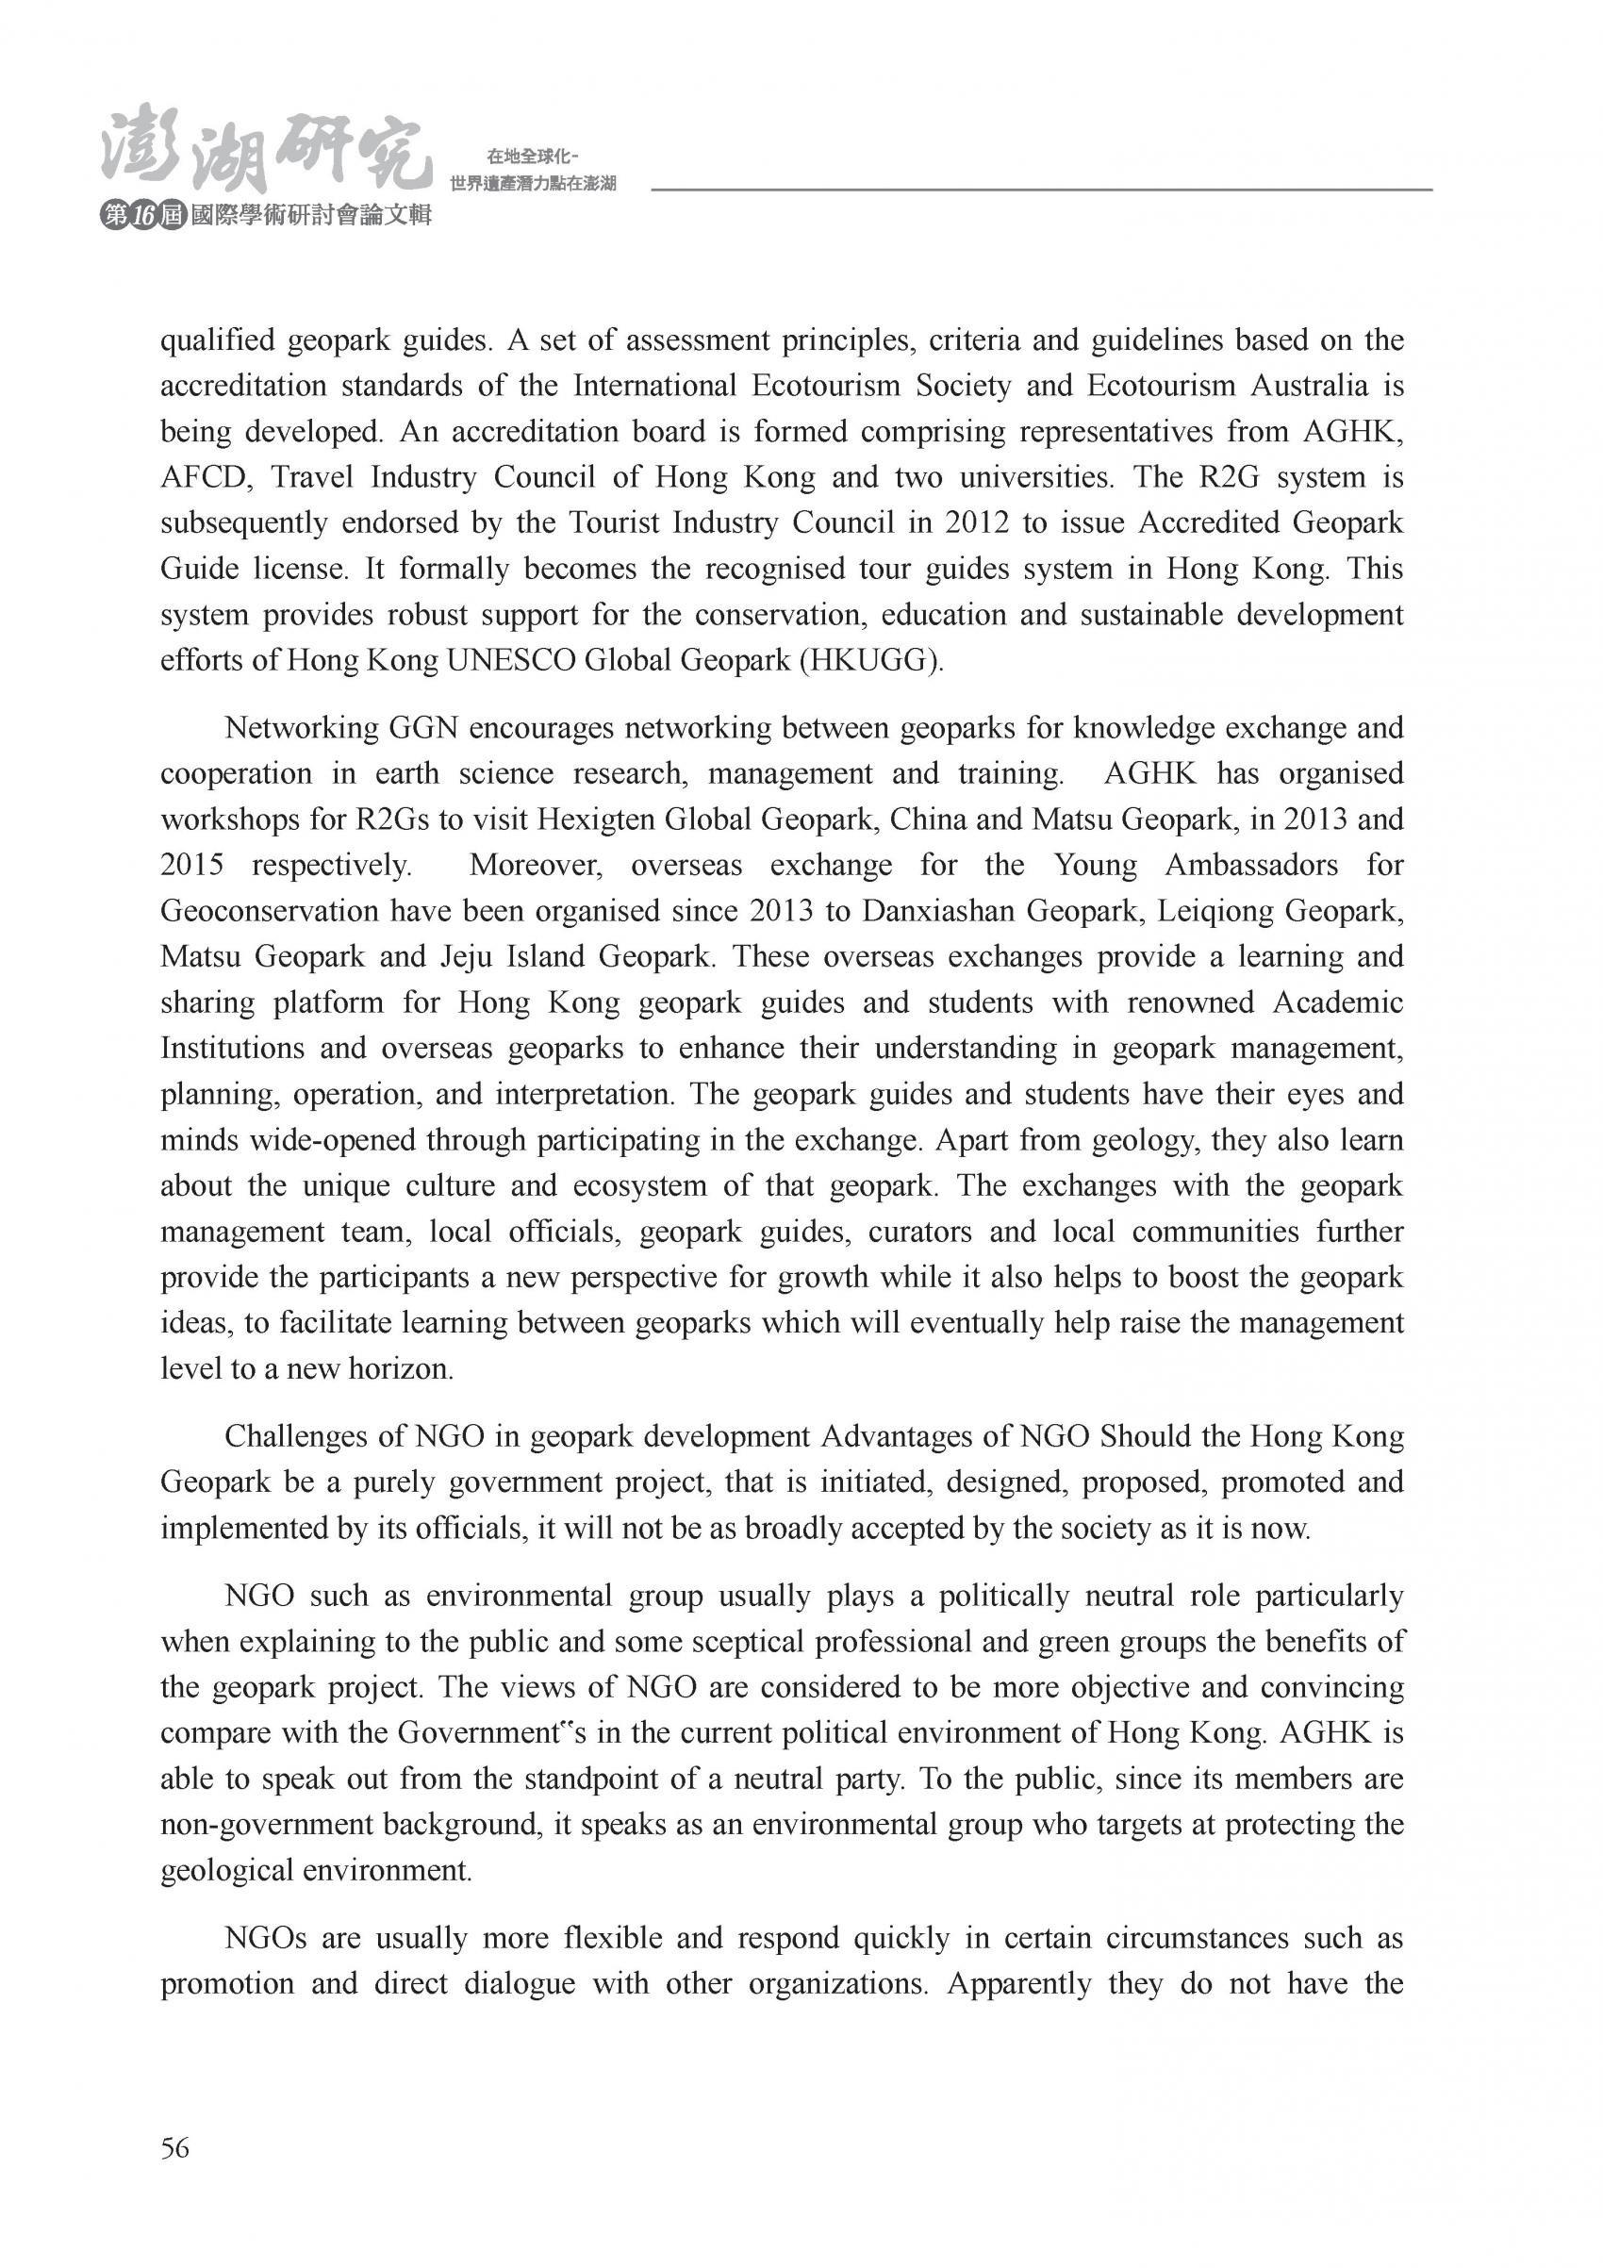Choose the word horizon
[400, 1369]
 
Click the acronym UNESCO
[511, 660]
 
